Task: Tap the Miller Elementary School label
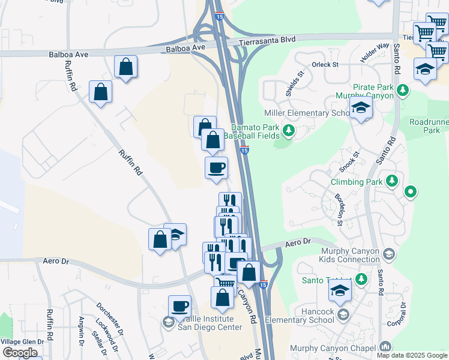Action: tap(306, 113)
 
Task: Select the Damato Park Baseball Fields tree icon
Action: tap(289, 130)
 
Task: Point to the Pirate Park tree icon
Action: tap(403, 91)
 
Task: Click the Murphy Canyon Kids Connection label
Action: tap(334, 255)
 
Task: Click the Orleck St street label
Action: tap(325, 64)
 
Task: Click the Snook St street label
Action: tap(349, 161)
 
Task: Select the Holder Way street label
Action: tap(375, 53)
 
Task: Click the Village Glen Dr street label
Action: tap(22, 341)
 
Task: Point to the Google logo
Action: tap(20, 352)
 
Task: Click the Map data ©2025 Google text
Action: tap(412, 355)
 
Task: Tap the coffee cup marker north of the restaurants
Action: tap(216, 167)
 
